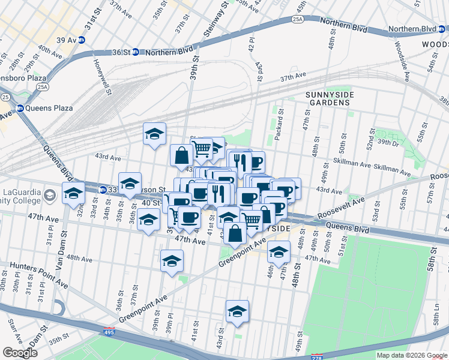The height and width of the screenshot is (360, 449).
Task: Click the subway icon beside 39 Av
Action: pos(81,40)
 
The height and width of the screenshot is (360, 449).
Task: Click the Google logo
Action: pos(20,353)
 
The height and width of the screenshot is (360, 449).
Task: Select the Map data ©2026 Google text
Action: pos(412,355)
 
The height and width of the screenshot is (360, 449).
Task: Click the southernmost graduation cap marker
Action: pos(237,312)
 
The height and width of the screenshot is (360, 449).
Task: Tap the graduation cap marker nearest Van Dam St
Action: pos(74,194)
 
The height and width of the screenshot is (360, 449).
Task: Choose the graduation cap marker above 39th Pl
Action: pos(172,262)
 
